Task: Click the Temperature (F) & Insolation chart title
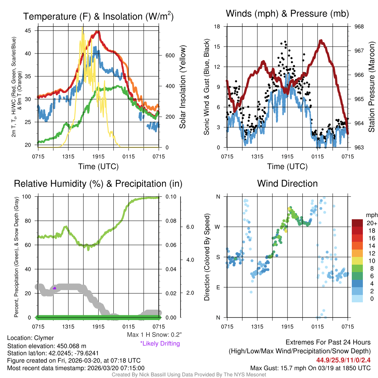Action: [x=98, y=17]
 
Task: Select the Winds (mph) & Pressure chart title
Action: [x=287, y=14]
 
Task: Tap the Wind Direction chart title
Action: [x=287, y=183]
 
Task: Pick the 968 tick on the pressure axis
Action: [x=359, y=27]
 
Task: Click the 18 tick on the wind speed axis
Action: [x=217, y=27]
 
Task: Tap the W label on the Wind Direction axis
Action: [x=218, y=227]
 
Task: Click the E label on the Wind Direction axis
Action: [x=219, y=287]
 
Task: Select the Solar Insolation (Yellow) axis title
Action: [x=183, y=87]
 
